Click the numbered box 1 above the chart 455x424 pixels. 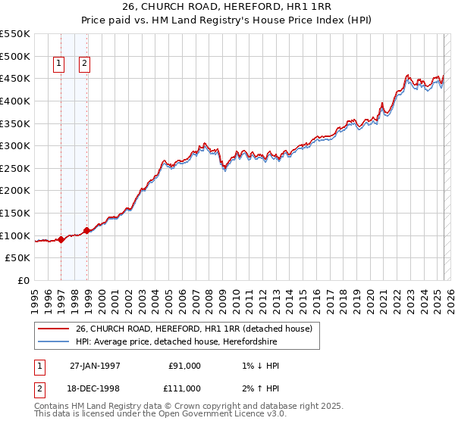click(58, 64)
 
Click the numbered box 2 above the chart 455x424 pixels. click(84, 64)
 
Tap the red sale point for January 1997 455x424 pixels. click(61, 239)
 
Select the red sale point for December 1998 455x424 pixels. click(87, 230)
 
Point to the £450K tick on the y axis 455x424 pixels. click(15, 78)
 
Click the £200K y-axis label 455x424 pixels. click(15, 190)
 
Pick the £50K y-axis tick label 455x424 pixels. click(18, 257)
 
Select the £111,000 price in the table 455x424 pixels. click(184, 388)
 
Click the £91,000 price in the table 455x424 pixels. click(184, 366)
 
